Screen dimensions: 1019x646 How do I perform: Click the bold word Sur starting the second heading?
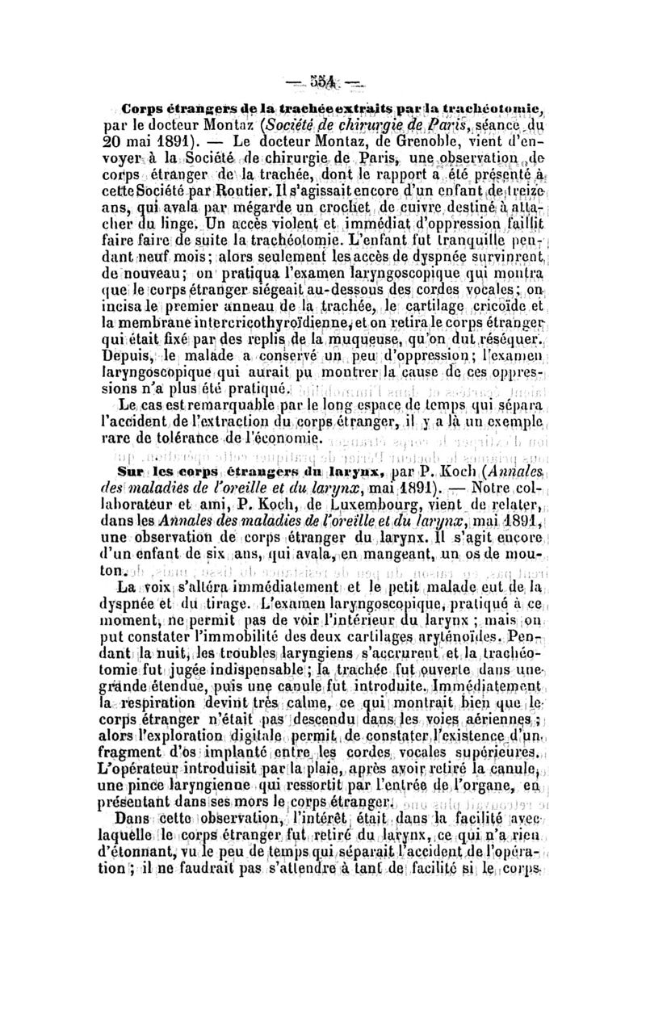pyautogui.click(x=134, y=494)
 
